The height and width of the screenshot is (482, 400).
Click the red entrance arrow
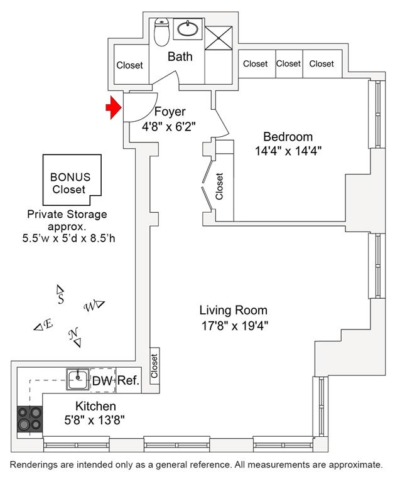coord(114,107)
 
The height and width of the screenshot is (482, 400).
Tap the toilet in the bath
coord(162,31)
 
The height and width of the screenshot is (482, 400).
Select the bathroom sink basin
coord(188,28)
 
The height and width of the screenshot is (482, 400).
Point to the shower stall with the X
coord(219,38)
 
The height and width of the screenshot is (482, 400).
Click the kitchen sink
coord(78,379)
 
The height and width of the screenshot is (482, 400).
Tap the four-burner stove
coord(30,419)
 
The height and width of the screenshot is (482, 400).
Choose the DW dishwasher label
coord(102,381)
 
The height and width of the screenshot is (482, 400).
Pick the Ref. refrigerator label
coord(129,380)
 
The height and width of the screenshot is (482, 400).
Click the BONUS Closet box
coord(72,180)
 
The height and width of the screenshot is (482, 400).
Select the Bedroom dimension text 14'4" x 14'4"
coord(288,151)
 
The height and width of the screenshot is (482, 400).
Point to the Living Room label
coord(234,310)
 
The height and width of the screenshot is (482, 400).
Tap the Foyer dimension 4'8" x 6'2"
coord(169,126)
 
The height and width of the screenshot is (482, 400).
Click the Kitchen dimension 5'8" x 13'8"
coord(94,420)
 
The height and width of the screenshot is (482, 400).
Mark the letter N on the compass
coord(73,333)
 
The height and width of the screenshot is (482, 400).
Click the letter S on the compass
coord(61,299)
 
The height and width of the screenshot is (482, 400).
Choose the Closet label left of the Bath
coord(129,65)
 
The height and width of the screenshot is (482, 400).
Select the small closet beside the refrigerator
coord(154,366)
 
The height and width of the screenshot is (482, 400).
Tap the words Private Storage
coord(67,214)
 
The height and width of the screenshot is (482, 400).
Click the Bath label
coord(180,56)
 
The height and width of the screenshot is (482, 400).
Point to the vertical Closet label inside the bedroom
coord(219,186)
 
